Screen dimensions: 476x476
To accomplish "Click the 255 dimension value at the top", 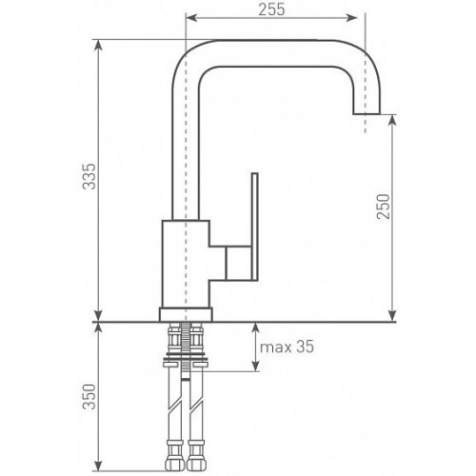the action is pos(271,10).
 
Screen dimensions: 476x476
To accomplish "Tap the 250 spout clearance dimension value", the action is pos(383,207).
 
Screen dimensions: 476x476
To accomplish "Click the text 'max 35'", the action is pos(287,347).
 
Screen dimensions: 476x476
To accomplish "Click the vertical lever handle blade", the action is pos(254,227).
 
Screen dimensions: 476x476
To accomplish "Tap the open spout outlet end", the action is pos(367,113).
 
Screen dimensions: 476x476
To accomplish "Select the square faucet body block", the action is pos(186,264).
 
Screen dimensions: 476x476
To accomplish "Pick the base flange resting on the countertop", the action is pos(186,314).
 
